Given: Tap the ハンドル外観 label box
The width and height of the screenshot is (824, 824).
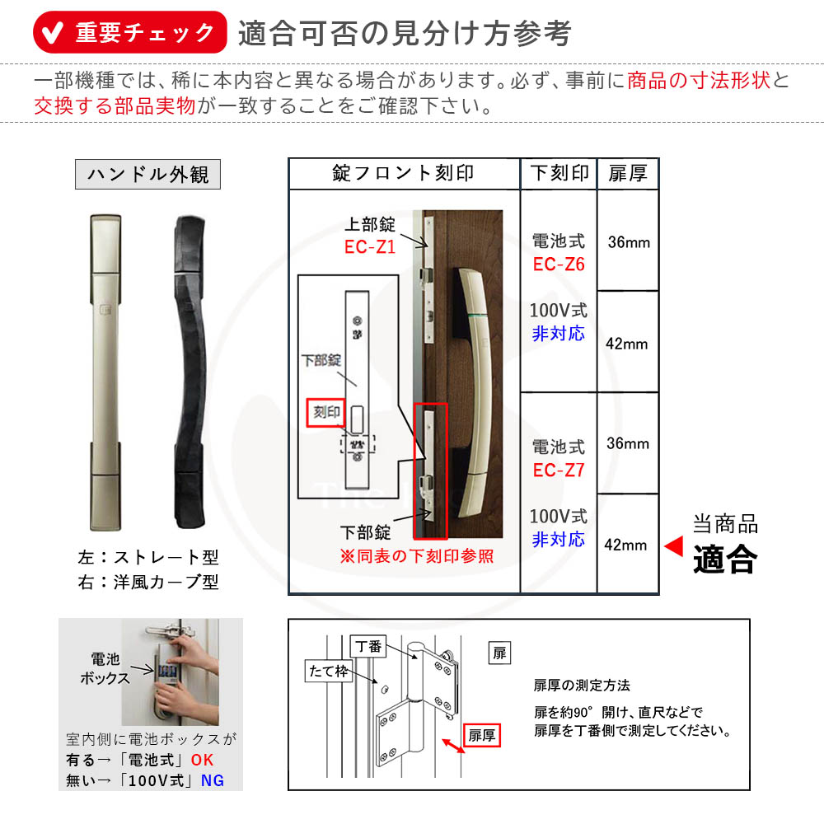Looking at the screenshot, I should coord(148,174).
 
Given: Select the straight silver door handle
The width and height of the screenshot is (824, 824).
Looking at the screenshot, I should coord(103,371).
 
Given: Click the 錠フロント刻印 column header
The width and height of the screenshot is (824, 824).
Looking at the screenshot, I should coord(404,173).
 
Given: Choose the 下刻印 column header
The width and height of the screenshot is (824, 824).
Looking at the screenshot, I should coord(559,173).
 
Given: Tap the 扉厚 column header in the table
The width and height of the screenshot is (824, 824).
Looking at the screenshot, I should coord(628,173).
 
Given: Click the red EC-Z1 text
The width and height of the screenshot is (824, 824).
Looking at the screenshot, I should coord(371,246).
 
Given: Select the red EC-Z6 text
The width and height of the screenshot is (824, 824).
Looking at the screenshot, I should coord(559,265).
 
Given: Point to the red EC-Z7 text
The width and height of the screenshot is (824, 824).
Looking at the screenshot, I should coord(559,471).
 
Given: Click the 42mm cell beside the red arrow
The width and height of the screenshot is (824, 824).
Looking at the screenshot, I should coord(627,545).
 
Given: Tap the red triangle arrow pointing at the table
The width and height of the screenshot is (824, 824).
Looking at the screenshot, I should coord(673,545).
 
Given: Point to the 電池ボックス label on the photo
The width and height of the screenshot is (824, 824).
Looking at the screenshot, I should coord(105,668).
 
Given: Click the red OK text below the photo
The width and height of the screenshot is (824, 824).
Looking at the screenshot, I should coord(203,760).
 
